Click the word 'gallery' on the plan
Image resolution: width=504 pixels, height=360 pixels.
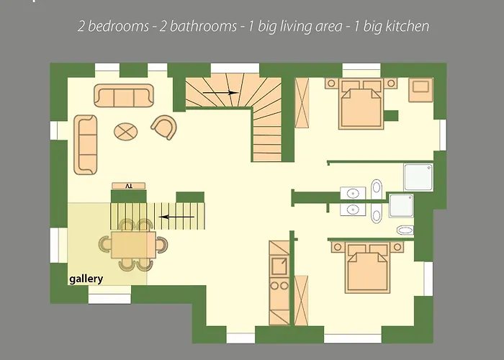86,279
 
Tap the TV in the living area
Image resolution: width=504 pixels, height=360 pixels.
129,186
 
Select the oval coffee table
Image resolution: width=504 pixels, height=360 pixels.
127,132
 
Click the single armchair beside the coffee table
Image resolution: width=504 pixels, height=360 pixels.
164,127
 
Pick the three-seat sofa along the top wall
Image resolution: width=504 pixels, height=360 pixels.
124,96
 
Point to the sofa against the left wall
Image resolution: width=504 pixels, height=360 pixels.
86,144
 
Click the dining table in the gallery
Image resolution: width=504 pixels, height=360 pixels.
133,243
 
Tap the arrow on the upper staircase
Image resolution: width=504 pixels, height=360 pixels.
220,93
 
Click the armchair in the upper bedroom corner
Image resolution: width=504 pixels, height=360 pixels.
419,90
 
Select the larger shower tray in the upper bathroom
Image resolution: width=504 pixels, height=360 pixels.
417,178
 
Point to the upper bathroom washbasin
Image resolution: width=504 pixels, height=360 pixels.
353,193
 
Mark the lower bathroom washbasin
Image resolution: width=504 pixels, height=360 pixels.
353,210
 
